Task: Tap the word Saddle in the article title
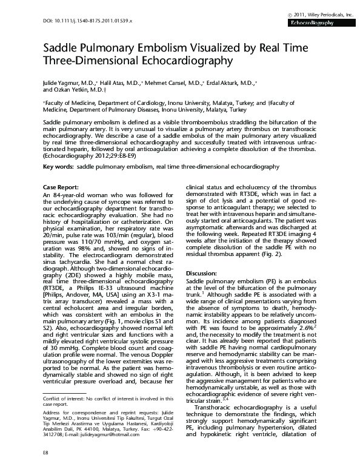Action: pyautogui.click(x=59, y=49)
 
